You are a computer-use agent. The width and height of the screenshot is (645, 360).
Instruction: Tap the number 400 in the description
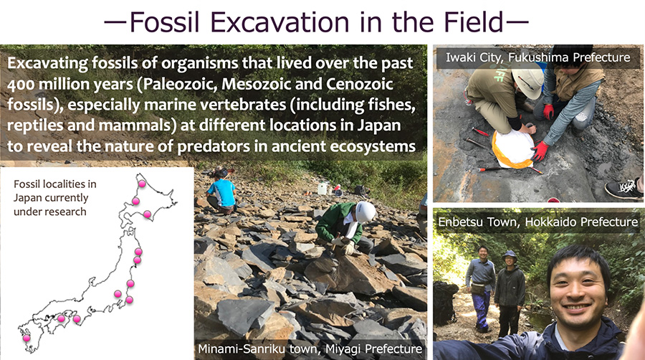pyautogui.click(x=20, y=85)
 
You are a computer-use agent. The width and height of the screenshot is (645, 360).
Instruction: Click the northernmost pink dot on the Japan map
pyautogui.click(x=142, y=184)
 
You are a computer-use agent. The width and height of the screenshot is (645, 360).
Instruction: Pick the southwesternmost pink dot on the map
pyautogui.click(x=27, y=338)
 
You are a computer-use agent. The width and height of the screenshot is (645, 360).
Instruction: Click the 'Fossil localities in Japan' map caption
pyautogui.click(x=55, y=198)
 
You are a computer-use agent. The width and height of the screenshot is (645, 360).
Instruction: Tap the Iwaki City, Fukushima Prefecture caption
pyautogui.click(x=537, y=57)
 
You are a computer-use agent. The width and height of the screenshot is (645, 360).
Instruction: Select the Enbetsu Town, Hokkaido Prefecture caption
pyautogui.click(x=537, y=222)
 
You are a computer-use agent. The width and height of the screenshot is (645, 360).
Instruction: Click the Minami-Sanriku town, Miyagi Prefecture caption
pyautogui.click(x=310, y=349)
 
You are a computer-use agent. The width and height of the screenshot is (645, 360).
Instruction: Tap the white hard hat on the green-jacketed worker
pyautogui.click(x=365, y=212)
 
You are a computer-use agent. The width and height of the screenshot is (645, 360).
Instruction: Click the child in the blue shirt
pyautogui.click(x=221, y=191)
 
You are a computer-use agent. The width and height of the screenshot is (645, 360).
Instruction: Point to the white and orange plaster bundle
pyautogui.click(x=513, y=150)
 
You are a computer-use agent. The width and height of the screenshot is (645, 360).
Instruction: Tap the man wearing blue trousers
pyautogui.click(x=480, y=288)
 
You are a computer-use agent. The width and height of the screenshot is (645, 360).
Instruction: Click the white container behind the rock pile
pyautogui.click(x=323, y=189)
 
